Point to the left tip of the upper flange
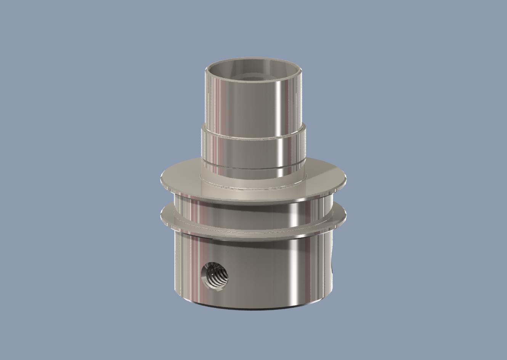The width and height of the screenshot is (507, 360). [x=162, y=178]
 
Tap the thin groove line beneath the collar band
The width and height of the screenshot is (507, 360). [x=253, y=168]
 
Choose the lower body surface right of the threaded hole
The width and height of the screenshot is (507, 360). [x=263, y=274]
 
